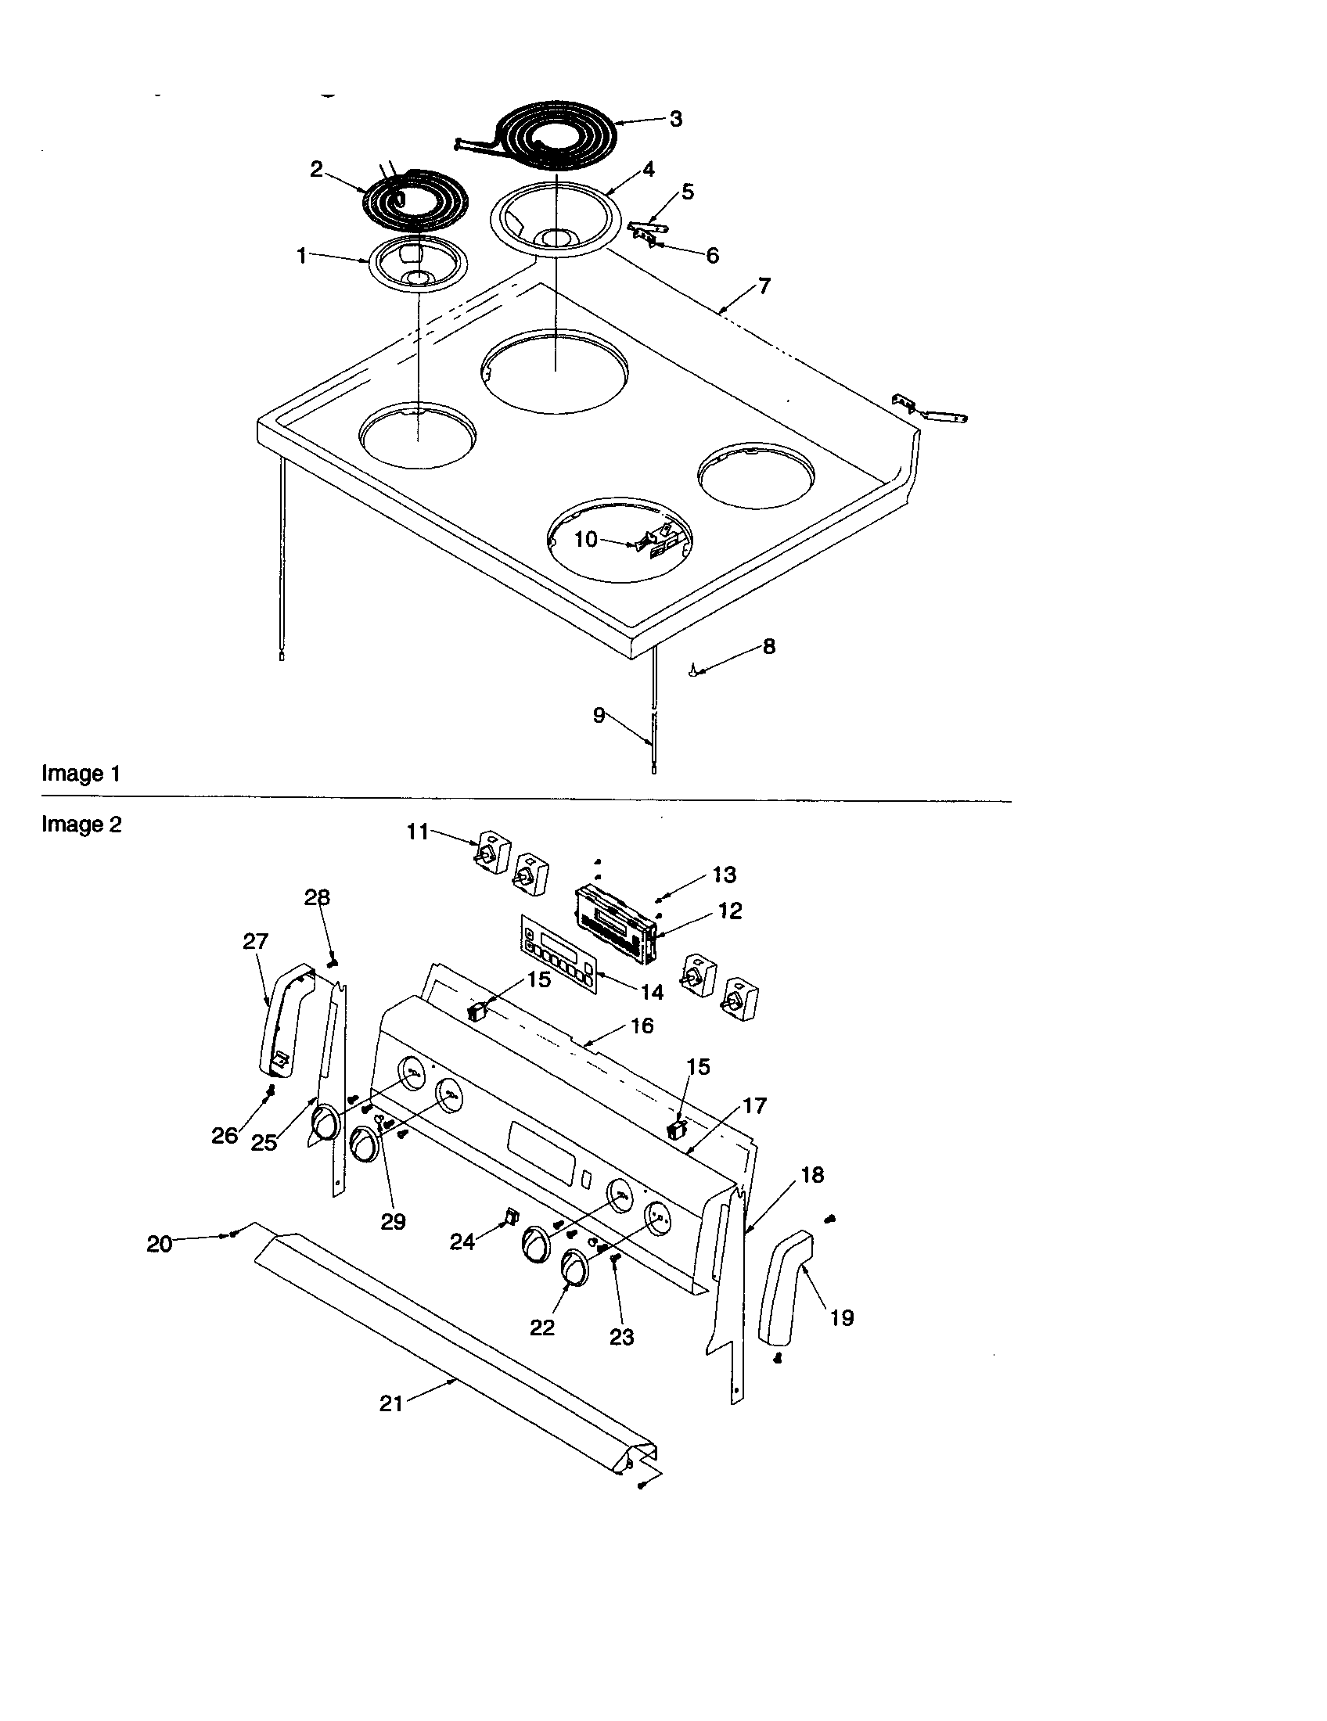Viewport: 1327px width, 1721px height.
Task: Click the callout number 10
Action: click(x=585, y=540)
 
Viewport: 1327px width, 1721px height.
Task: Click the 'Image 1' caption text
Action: click(x=81, y=773)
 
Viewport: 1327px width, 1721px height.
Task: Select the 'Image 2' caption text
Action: click(x=81, y=825)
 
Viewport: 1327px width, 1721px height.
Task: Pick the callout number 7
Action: click(x=764, y=286)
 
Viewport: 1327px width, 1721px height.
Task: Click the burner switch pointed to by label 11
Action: click(x=491, y=854)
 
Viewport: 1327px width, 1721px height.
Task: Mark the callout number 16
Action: click(x=642, y=1026)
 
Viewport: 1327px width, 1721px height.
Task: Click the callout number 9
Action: click(x=599, y=716)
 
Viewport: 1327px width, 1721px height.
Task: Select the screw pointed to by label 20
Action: click(x=234, y=1234)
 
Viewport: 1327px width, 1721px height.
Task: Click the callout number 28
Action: click(x=318, y=897)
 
